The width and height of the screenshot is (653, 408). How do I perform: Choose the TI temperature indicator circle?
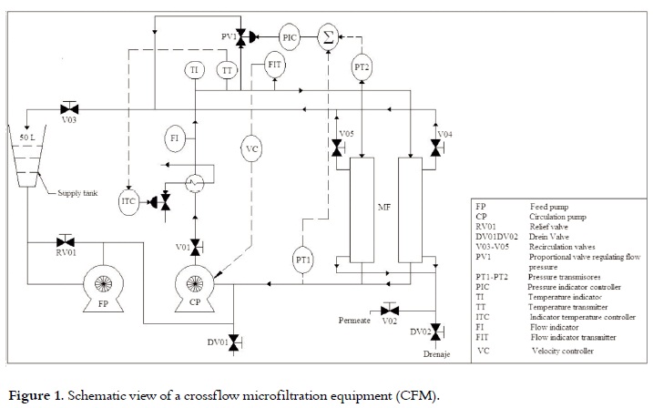pyautogui.click(x=196, y=69)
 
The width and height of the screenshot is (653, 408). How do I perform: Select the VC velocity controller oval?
pyautogui.click(x=252, y=148)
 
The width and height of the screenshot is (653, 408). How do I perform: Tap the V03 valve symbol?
pyautogui.click(x=69, y=107)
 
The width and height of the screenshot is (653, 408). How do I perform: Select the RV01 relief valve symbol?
pyautogui.click(x=64, y=240)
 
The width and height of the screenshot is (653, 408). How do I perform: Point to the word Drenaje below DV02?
pyautogui.click(x=435, y=352)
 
